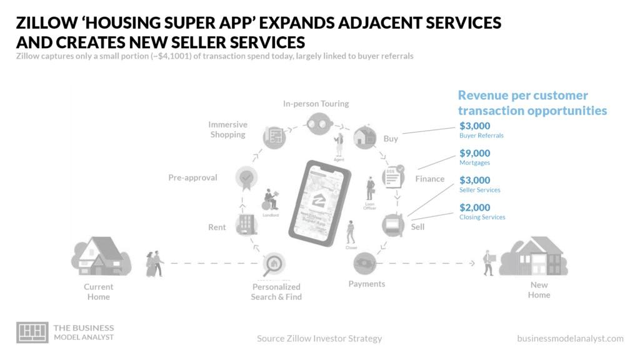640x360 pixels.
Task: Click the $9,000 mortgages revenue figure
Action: click(x=474, y=153)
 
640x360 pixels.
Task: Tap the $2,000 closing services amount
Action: click(x=474, y=207)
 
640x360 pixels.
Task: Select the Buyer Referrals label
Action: click(x=481, y=135)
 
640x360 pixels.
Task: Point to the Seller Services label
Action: click(x=479, y=190)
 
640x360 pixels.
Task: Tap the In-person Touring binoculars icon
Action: click(x=319, y=122)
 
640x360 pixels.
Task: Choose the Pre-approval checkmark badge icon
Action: click(x=247, y=177)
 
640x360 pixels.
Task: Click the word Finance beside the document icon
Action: click(x=430, y=179)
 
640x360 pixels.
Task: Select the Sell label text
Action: click(x=417, y=227)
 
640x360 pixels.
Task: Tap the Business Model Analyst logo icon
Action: click(x=32, y=332)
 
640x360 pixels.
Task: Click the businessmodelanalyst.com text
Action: click(x=570, y=338)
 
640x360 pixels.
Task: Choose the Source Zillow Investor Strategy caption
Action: click(x=319, y=338)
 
